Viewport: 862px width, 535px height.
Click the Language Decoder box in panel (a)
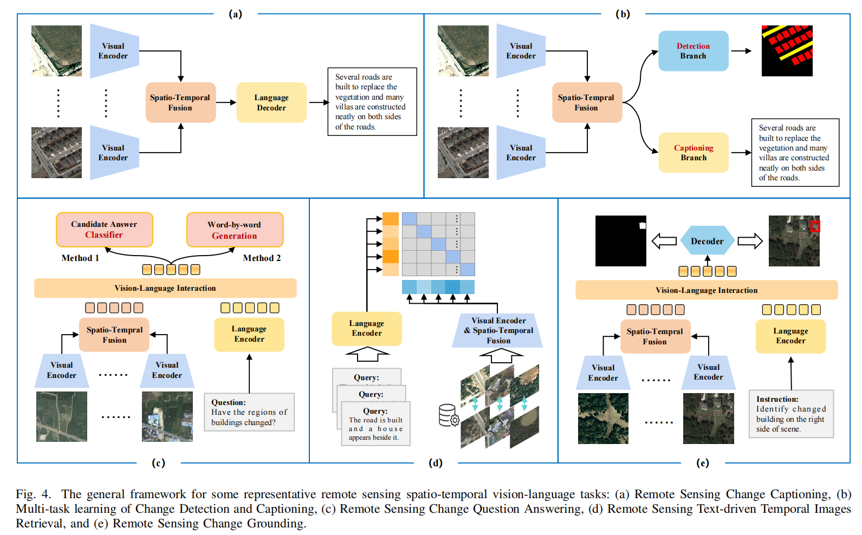271,102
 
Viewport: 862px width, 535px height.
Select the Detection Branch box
693,51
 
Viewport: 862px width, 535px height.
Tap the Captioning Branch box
693,153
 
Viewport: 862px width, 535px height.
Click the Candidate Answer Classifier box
104,230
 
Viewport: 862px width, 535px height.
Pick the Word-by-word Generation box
235,230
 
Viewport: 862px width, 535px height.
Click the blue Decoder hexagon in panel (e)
707,241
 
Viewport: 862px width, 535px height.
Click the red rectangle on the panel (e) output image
815,226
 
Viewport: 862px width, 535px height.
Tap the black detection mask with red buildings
787,51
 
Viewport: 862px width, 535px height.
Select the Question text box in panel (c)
249,412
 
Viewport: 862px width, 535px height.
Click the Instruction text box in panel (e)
791,414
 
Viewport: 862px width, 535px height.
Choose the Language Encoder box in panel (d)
367,328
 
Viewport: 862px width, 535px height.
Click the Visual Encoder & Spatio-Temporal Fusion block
498,330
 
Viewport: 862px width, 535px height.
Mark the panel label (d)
436,463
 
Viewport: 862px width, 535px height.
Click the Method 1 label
80,258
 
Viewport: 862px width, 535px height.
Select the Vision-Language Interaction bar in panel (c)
165,288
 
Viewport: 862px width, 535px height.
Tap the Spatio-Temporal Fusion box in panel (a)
180,102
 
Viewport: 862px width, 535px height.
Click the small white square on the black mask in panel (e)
643,226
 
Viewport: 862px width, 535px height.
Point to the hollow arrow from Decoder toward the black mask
664,241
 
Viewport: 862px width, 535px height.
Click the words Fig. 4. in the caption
33,494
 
